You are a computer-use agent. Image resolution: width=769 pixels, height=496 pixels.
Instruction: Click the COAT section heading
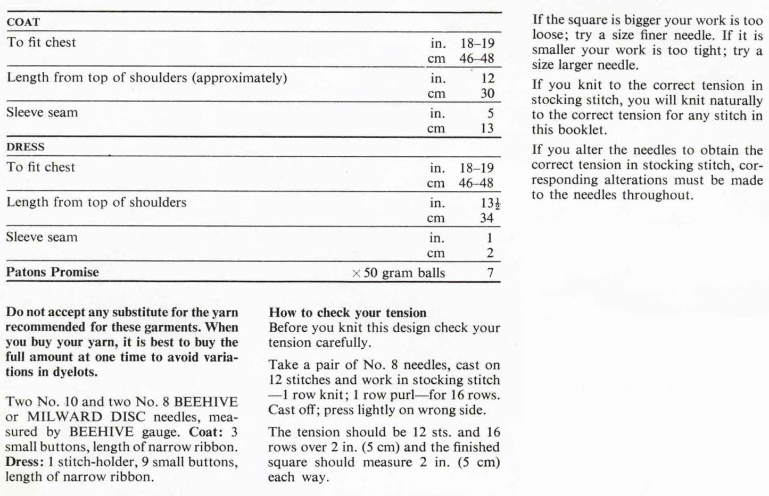click(23, 22)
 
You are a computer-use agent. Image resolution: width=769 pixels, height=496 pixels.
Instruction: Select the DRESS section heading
click(25, 147)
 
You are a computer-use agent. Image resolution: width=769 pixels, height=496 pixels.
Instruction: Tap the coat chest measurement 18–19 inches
click(477, 43)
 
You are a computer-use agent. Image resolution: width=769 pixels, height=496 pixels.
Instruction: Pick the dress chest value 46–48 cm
click(476, 183)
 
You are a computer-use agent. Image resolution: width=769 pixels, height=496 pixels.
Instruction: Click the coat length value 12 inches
click(487, 78)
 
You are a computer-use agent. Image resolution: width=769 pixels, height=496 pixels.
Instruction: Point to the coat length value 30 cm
click(487, 94)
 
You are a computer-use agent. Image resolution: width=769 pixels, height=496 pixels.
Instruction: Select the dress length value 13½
click(490, 203)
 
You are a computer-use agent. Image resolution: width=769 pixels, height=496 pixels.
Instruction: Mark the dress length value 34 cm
click(486, 218)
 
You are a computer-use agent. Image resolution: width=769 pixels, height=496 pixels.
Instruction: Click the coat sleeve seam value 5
click(490, 113)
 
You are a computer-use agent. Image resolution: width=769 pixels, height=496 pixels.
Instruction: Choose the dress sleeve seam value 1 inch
click(490, 238)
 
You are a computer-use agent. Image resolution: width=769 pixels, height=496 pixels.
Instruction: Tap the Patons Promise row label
click(52, 272)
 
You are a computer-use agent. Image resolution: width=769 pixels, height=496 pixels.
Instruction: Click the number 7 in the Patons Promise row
click(490, 273)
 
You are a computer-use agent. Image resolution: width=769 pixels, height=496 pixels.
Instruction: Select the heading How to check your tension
click(348, 313)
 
